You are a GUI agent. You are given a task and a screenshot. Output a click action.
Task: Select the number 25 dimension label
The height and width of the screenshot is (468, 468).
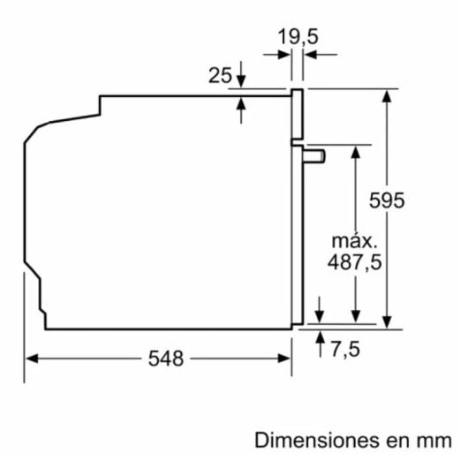(220, 75)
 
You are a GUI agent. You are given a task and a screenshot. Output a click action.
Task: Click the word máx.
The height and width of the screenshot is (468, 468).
(354, 240)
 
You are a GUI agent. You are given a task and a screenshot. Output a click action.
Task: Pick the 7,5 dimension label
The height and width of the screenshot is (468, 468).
(346, 349)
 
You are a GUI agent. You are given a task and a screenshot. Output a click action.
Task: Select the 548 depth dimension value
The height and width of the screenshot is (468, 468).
(166, 359)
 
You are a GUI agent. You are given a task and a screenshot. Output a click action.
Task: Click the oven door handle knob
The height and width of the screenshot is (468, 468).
(315, 155)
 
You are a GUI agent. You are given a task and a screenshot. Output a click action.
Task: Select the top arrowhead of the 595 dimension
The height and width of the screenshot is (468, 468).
(387, 94)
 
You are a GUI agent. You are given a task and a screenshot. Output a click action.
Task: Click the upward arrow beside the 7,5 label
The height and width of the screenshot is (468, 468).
(320, 340)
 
